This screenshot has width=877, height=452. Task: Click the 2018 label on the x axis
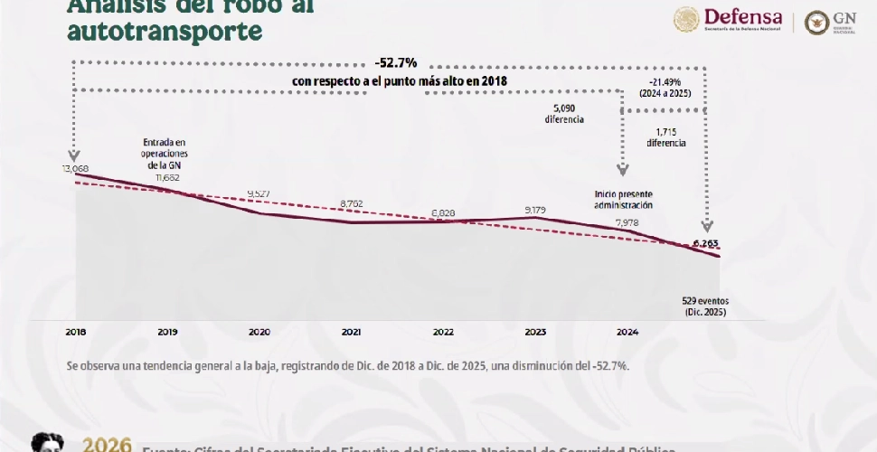[75, 332]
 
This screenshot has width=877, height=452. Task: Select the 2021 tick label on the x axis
[352, 332]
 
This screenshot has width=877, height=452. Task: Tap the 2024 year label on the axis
[627, 332]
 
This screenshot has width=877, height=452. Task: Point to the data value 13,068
[77, 168]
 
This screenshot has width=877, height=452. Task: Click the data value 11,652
[167, 177]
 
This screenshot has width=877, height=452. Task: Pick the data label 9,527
[259, 194]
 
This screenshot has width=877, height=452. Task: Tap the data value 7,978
[627, 222]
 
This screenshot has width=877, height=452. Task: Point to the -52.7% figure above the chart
[395, 65]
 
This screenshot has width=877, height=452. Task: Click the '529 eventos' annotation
[704, 300]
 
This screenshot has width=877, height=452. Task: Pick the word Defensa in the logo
[742, 15]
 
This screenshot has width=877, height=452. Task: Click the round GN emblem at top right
[816, 22]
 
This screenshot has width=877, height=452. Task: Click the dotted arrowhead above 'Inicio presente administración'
[623, 168]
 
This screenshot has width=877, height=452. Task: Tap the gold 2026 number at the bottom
[108, 446]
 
